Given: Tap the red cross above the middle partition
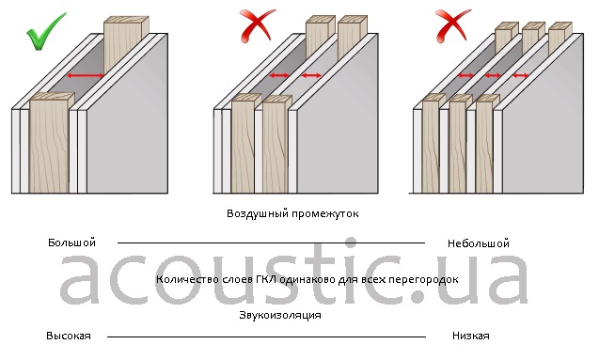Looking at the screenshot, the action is coord(257,25).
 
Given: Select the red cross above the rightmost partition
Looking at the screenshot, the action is coord(452,25).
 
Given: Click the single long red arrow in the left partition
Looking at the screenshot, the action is coord(86,75).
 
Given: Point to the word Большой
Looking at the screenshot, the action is coord(71,243).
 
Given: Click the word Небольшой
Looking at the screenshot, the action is coord(479,243).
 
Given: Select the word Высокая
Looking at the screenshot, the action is coord(69,336).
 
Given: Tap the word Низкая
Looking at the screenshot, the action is coord(470,336).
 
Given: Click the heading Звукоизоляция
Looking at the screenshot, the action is coord(280,315).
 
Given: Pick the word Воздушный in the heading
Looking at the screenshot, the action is coord(258,213).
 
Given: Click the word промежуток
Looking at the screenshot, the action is coord(325,213).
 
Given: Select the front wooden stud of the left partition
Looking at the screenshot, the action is coord(50,143).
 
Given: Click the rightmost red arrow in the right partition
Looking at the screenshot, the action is coord(520,75).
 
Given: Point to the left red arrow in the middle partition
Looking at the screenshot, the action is coord(279,75).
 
